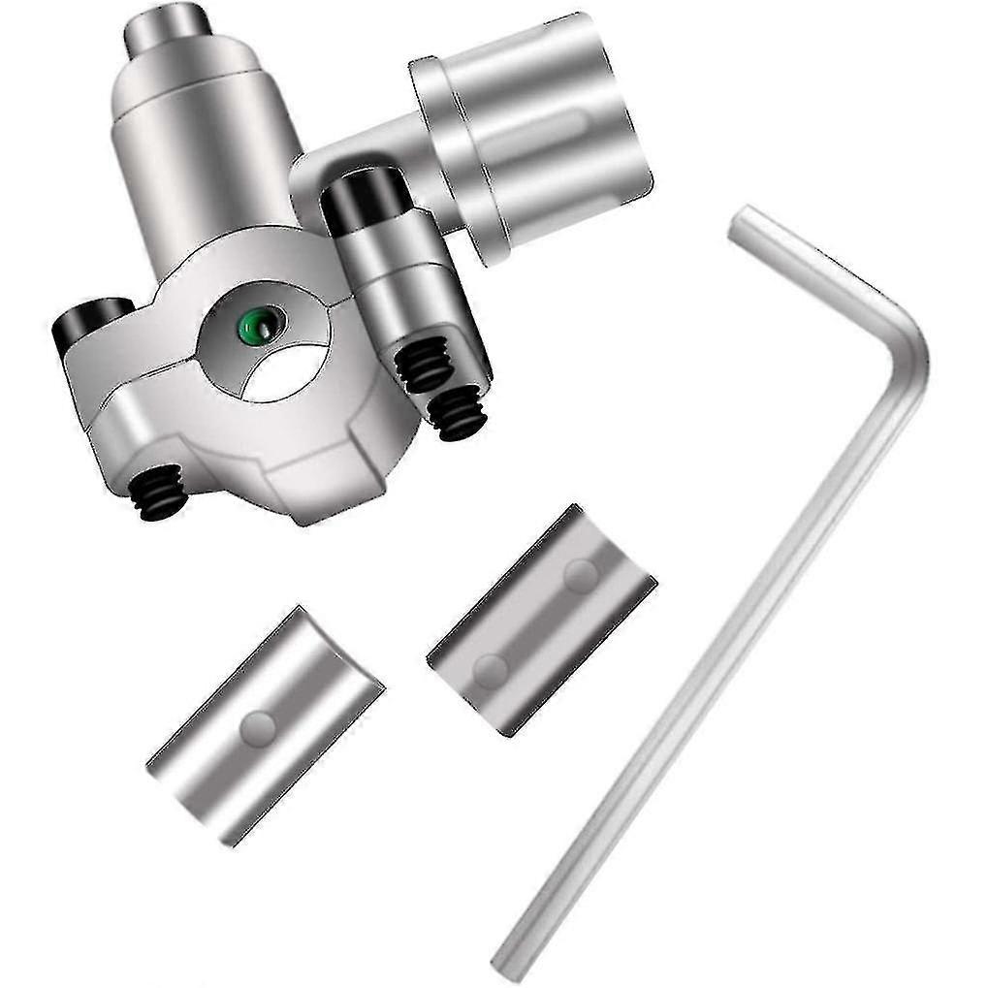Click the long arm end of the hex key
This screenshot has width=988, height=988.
pyautogui.click(x=509, y=961)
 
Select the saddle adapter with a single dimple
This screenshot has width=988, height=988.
pyautogui.click(x=265, y=725)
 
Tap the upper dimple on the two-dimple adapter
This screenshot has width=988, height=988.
pyautogui.click(x=581, y=576)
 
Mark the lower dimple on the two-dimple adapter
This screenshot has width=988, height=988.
pyautogui.click(x=490, y=669)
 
